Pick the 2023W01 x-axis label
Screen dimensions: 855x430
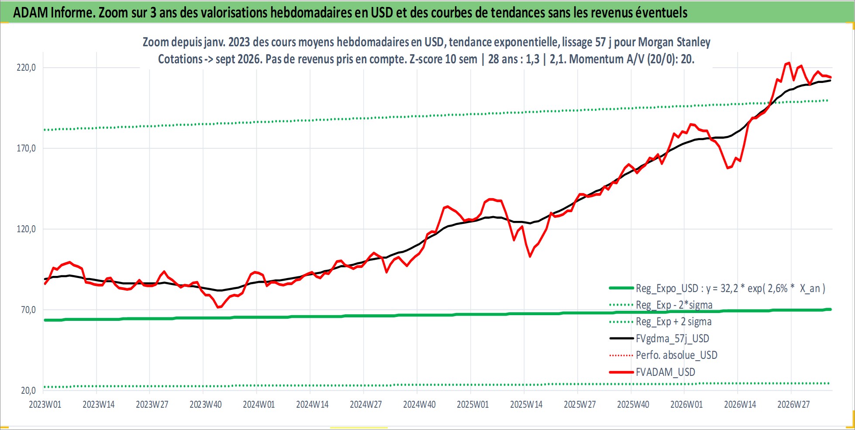click(45, 405)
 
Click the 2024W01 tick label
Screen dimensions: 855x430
click(259, 405)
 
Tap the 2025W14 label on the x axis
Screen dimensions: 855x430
click(526, 405)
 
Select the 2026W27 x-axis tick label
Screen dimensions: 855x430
click(793, 405)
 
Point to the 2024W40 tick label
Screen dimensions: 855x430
click(419, 405)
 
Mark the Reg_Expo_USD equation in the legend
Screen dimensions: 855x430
click(731, 289)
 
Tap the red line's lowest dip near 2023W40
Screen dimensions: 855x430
click(217, 307)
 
